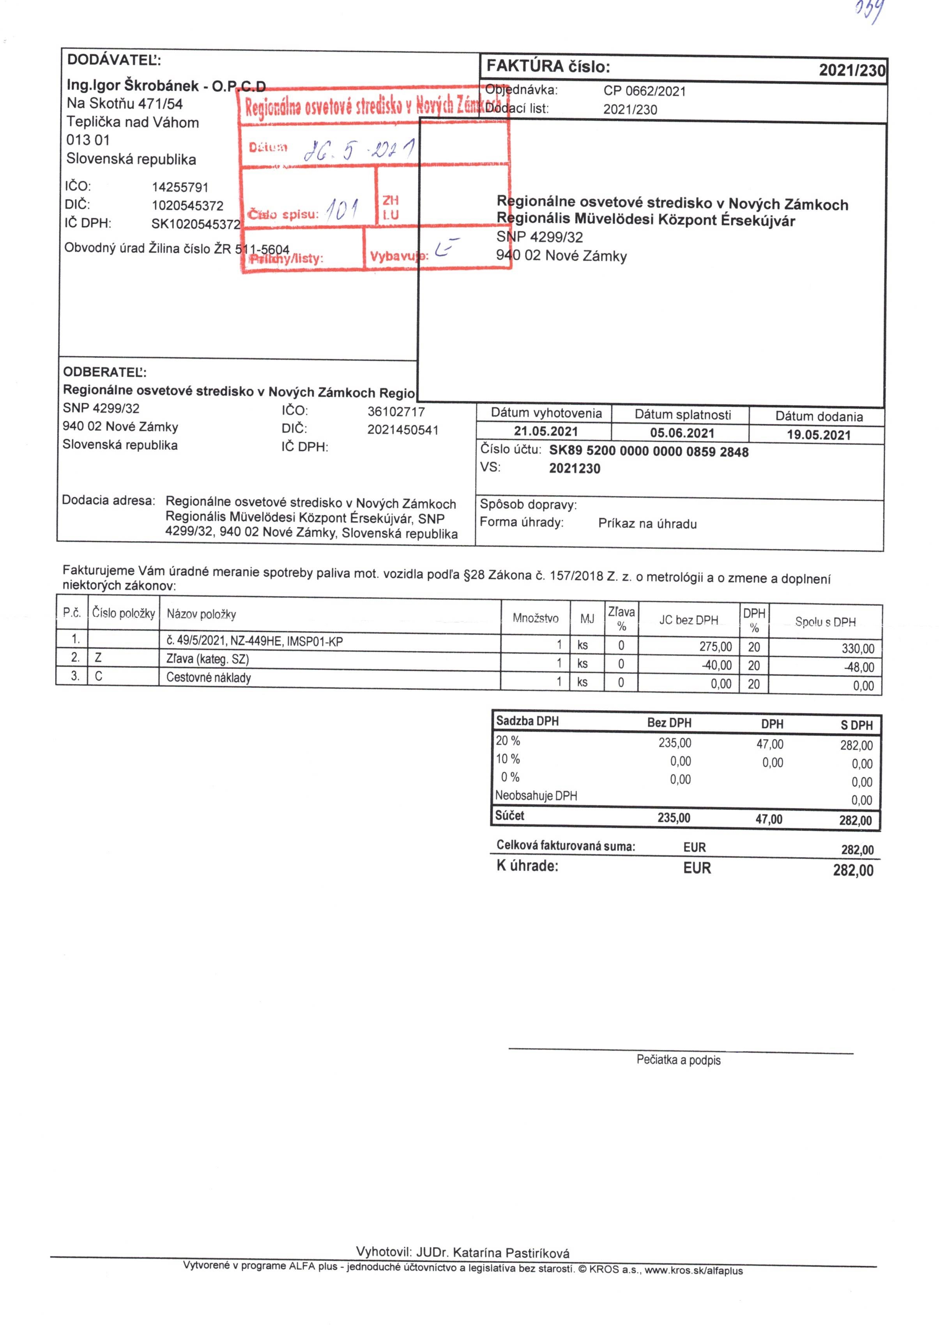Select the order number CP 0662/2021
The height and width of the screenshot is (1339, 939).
pos(644,91)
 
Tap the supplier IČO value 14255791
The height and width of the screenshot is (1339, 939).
pos(180,187)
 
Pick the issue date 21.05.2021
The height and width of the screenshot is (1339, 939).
pos(546,432)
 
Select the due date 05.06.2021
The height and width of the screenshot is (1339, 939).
pos(682,433)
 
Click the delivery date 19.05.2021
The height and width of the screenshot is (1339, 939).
pos(818,434)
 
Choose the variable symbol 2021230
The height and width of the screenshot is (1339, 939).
pos(574,468)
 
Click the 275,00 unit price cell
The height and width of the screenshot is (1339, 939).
pos(715,646)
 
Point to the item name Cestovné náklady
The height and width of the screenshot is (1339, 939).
pos(209,677)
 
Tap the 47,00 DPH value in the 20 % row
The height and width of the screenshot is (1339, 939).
pos(770,744)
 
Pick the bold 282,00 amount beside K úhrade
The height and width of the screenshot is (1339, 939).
pos(852,870)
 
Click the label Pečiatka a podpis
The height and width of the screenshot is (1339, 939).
pos(678,1060)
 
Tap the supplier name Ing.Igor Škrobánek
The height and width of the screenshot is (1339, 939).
pos(133,85)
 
